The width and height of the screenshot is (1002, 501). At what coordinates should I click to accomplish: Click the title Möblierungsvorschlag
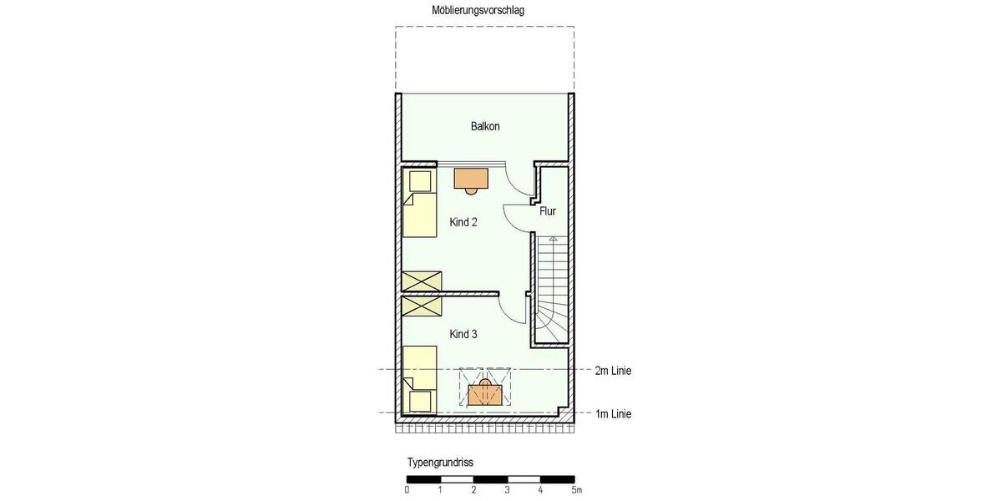pos(478,10)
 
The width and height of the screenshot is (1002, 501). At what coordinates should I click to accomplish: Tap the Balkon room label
pos(485,127)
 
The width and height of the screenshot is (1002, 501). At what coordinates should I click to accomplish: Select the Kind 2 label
pos(463,222)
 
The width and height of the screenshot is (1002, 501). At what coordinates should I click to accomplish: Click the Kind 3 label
pos(463,334)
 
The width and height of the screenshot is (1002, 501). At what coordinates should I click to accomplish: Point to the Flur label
pos(548,211)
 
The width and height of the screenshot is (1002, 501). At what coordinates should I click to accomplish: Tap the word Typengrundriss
pos(440,462)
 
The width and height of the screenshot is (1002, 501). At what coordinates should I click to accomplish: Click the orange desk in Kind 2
pos(471,178)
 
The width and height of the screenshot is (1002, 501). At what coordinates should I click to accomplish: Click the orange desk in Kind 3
pos(484,393)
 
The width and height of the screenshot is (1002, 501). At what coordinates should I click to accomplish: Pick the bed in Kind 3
pos(419,380)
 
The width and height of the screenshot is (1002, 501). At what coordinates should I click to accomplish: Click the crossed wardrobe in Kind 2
pos(422,281)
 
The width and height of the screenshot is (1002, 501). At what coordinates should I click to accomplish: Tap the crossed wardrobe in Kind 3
pos(422,306)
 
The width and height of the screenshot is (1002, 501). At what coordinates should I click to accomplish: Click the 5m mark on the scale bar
pos(575,490)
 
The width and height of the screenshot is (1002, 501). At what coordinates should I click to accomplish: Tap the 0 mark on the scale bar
pos(407,490)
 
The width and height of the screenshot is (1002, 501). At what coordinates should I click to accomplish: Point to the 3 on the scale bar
pos(507,490)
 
